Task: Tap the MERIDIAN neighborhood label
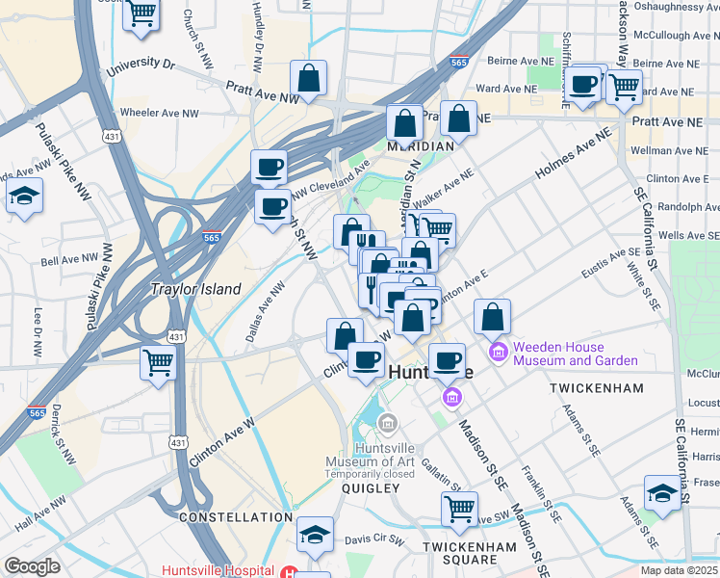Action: pos(420,146)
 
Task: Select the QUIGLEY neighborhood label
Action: pos(370,488)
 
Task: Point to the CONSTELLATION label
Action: pos(236,517)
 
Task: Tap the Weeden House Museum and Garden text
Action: pos(575,354)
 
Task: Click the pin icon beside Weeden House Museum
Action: pos(499,351)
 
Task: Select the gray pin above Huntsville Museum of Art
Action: pos(388,422)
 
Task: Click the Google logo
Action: pos(32,566)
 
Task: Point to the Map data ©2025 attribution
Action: pos(678,570)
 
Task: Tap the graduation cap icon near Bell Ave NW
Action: pos(25,197)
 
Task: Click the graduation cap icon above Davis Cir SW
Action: pos(315,535)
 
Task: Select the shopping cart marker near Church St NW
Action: pos(141,14)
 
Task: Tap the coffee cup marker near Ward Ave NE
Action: pos(583,84)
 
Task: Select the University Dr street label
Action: pos(141,66)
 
